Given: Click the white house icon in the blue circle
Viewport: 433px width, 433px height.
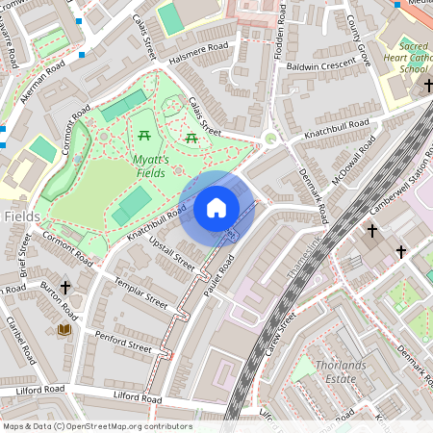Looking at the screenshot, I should click(216, 208).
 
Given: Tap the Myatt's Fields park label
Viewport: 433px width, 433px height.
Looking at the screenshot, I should click(151, 166).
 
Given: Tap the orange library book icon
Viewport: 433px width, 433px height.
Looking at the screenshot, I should click(64, 330).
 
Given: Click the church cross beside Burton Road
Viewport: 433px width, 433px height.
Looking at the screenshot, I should click(65, 287).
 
